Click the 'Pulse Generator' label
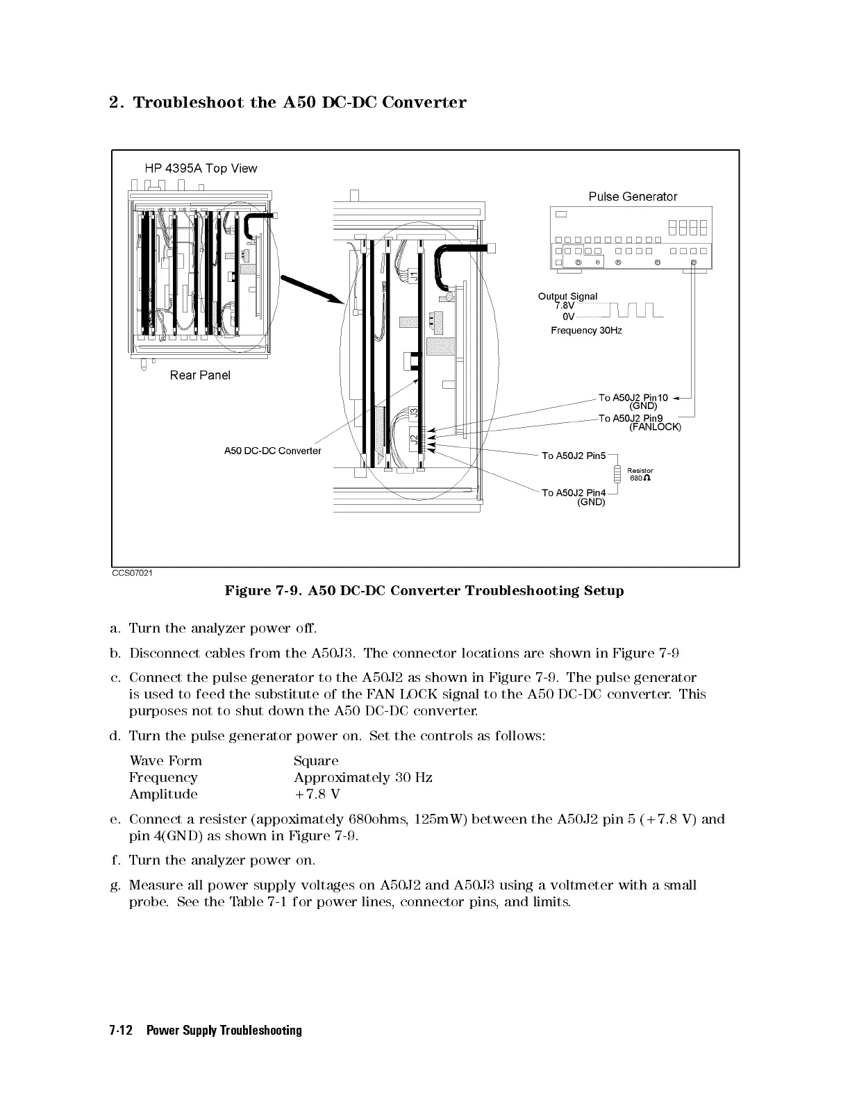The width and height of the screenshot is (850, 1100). [633, 197]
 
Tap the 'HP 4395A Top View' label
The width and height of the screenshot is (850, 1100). [201, 168]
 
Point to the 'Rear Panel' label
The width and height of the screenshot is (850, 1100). [200, 375]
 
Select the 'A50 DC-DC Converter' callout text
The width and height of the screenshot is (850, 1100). [272, 451]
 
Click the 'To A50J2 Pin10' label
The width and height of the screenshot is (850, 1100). [633, 398]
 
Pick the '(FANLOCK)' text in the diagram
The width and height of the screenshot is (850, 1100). [655, 427]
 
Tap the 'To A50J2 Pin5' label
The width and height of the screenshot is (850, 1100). [574, 456]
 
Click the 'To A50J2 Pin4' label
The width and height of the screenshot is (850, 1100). [574, 493]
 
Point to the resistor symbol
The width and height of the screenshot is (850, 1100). [617, 474]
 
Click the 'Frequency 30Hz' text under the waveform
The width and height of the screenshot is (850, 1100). [586, 331]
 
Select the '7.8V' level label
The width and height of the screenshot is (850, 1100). [565, 306]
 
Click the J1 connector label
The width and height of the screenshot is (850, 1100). [414, 276]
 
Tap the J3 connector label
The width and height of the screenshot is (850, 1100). [414, 411]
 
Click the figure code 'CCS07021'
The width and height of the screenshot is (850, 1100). [133, 573]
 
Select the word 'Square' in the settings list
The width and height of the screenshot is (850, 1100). [316, 761]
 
